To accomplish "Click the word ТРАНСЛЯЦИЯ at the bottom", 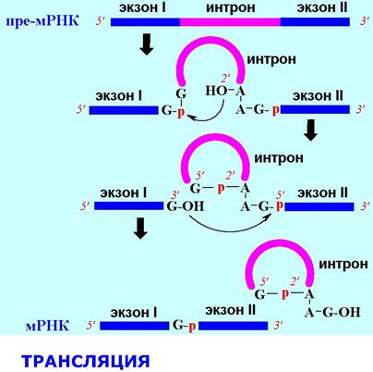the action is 86,361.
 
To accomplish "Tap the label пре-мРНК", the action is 42,21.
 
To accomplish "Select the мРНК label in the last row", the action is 47,326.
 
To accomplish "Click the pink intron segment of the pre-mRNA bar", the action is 230,22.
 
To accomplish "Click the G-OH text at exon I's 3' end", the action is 186,206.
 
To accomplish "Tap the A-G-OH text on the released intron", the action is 332,312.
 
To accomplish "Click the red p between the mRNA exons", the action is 192,327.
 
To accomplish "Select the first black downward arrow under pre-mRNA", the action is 147,44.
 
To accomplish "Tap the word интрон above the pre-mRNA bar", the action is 231,7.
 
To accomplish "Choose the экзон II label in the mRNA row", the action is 230,310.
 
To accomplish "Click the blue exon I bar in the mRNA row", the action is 135,326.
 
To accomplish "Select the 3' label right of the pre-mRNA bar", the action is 365,21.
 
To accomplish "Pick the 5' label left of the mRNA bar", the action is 91,326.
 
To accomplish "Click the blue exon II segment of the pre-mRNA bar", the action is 315,22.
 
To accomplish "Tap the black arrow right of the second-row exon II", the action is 310,130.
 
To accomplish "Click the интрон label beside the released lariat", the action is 343,264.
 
